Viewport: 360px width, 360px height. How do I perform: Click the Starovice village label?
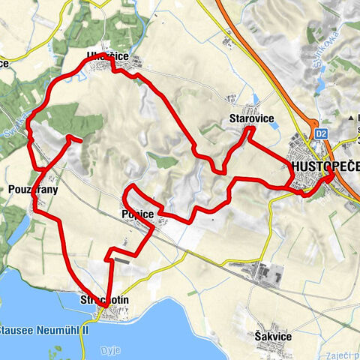point(251,118)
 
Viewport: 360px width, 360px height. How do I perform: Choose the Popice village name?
point(136,215)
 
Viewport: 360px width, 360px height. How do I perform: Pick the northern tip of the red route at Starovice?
point(248,130)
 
